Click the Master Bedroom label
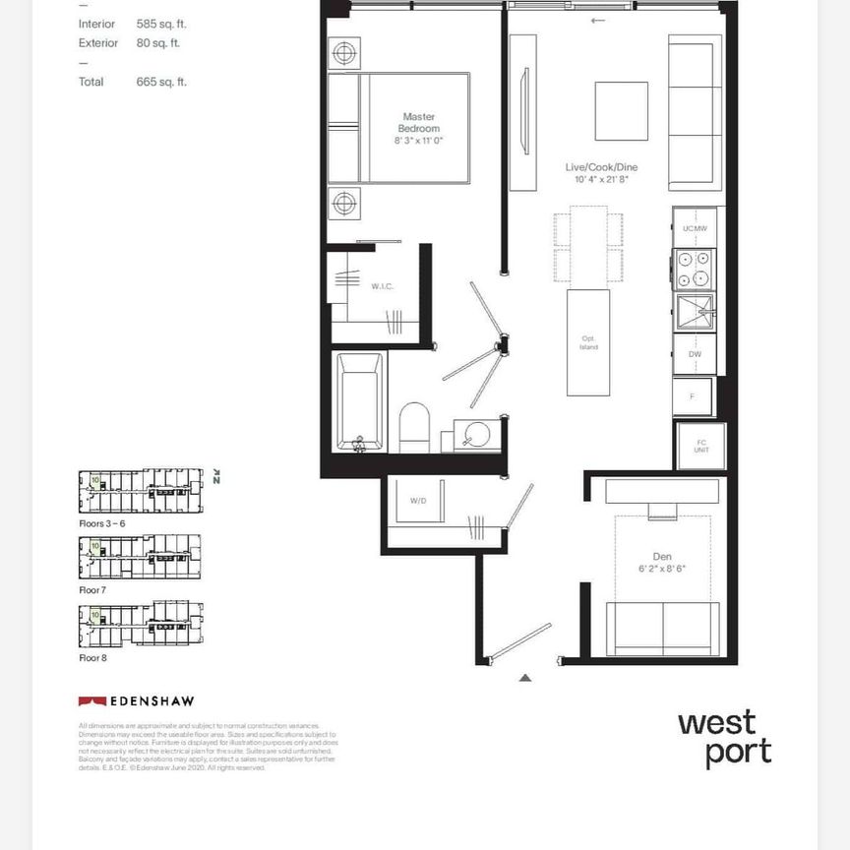point(418,122)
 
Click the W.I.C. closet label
point(382,286)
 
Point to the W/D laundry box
point(417,502)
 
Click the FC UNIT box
point(701,447)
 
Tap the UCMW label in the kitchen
point(695,228)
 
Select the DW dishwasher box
point(695,354)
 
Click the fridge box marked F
point(693,396)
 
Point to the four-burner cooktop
point(695,270)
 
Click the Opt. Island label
point(588,343)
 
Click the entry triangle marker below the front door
point(525,677)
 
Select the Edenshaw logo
point(136,701)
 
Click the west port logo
point(724,738)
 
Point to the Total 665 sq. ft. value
point(161,82)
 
